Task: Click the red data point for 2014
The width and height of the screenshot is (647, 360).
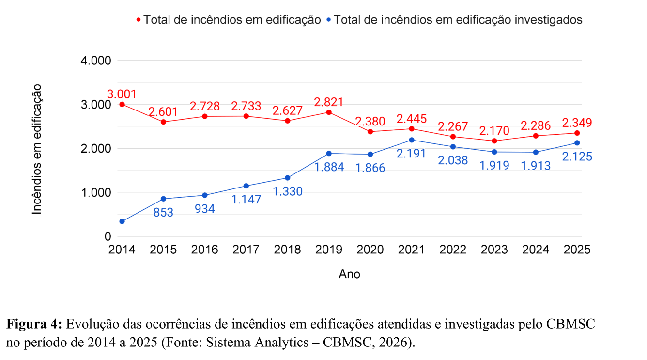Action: pos(122,104)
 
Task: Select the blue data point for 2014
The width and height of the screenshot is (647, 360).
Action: pos(122,221)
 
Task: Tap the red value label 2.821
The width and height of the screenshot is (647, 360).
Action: pos(329,102)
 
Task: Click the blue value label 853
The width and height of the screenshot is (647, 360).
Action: pos(163,212)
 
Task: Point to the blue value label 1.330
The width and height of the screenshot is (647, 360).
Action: pos(288,191)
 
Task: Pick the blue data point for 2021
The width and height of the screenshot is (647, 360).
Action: pos(412,140)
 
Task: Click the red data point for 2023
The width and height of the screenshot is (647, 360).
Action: pos(494,141)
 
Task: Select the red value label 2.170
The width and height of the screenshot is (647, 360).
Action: pos(494,131)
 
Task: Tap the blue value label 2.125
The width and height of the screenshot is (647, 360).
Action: pos(577,157)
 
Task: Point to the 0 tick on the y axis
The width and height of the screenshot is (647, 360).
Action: pos(108,236)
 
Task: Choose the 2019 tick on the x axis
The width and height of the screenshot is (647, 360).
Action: pos(329,250)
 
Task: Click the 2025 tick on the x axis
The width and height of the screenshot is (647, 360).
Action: pos(577,250)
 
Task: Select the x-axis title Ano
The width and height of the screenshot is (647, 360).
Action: pos(349,274)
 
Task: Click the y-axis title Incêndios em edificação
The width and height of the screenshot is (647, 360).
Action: pos(37,149)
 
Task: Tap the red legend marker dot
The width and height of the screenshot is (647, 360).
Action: pos(139,20)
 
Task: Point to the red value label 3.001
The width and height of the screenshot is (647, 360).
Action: pos(122,94)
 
